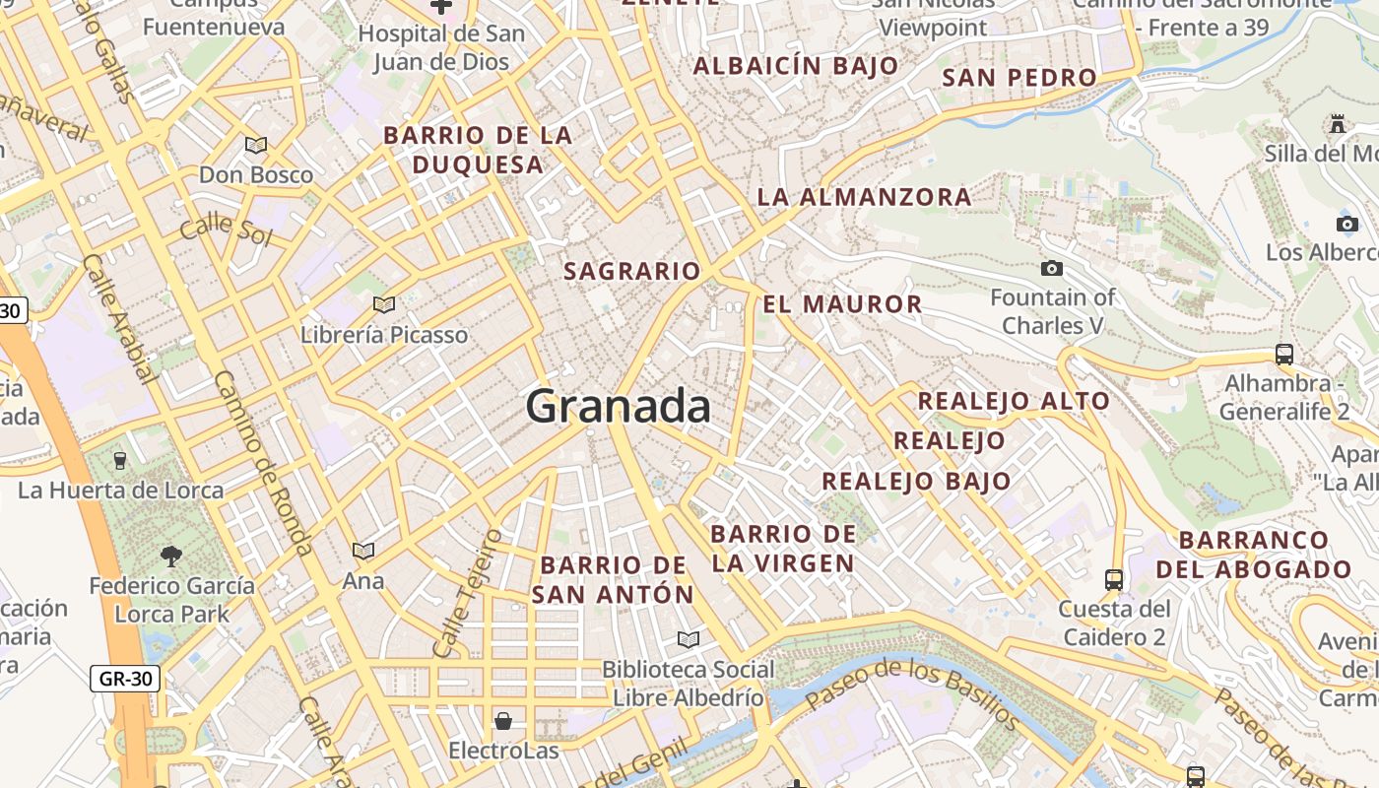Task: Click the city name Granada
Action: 618,406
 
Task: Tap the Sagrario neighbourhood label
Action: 631,271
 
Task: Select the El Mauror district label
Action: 842,303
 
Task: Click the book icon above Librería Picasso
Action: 384,304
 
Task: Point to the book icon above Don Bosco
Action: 256,146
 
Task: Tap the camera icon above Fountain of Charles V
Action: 1052,268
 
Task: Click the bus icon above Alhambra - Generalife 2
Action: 1283,355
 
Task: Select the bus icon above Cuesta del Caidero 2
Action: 1114,579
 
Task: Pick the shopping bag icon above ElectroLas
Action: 503,721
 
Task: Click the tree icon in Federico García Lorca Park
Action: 171,557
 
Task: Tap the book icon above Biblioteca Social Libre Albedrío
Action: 688,640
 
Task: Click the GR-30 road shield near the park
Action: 124,678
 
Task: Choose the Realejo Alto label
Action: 1014,401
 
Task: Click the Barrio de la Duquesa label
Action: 478,150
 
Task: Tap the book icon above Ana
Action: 363,551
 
